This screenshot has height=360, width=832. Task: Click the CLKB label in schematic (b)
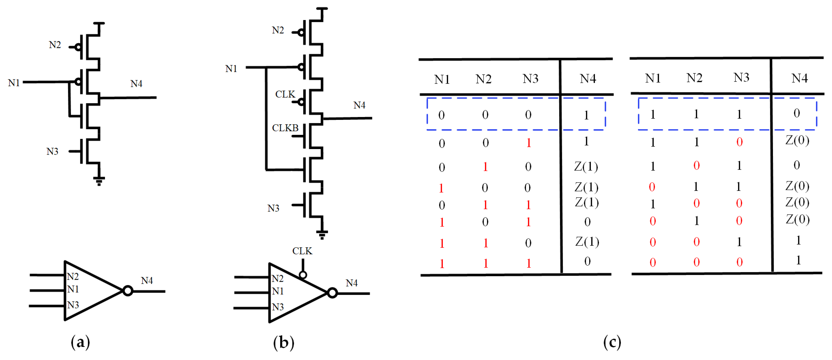coord(285,128)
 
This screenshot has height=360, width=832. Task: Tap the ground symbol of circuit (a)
coord(99,181)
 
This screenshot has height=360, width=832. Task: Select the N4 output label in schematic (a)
coord(136,84)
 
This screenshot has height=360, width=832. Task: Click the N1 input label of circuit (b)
coord(231,69)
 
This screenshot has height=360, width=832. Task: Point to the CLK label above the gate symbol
coord(302,251)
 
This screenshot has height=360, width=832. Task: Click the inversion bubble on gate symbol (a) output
coord(128,291)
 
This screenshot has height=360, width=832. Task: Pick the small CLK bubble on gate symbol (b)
coord(303,275)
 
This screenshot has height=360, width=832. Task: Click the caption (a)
coord(80,342)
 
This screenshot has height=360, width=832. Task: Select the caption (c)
coord(612,342)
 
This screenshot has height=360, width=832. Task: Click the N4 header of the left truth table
coord(588,79)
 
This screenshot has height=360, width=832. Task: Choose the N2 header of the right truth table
coord(694,78)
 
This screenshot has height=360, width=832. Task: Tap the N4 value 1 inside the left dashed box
coord(586,115)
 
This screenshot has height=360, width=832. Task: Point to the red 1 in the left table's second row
coord(529,143)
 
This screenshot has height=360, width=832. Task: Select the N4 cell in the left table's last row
coord(587,261)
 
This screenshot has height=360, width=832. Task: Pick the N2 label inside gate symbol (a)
coord(73,277)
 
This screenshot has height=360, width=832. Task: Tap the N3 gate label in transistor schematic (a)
coord(52,151)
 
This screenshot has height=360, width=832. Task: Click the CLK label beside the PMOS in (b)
coord(285,94)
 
